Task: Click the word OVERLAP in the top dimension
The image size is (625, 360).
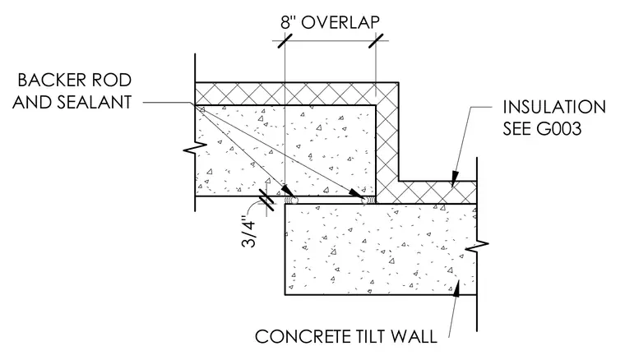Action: point(340,22)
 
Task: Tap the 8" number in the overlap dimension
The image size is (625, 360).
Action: point(288,22)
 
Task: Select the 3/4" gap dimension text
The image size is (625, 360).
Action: point(249,232)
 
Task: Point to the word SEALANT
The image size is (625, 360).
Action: point(95,103)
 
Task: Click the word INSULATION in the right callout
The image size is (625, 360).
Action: point(554,107)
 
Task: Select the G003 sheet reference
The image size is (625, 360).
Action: point(558,129)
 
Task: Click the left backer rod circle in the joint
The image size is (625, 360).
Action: point(289,200)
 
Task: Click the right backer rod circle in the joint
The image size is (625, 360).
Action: point(365,200)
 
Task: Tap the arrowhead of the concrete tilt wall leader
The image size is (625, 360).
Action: point(456,288)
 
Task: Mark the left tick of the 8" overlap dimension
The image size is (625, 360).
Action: point(285,40)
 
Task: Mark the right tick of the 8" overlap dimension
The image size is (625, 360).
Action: point(376,40)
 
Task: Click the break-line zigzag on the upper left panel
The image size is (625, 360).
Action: point(195,148)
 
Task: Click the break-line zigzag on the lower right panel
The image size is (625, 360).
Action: point(476,247)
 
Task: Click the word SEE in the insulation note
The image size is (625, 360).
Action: point(516,129)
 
